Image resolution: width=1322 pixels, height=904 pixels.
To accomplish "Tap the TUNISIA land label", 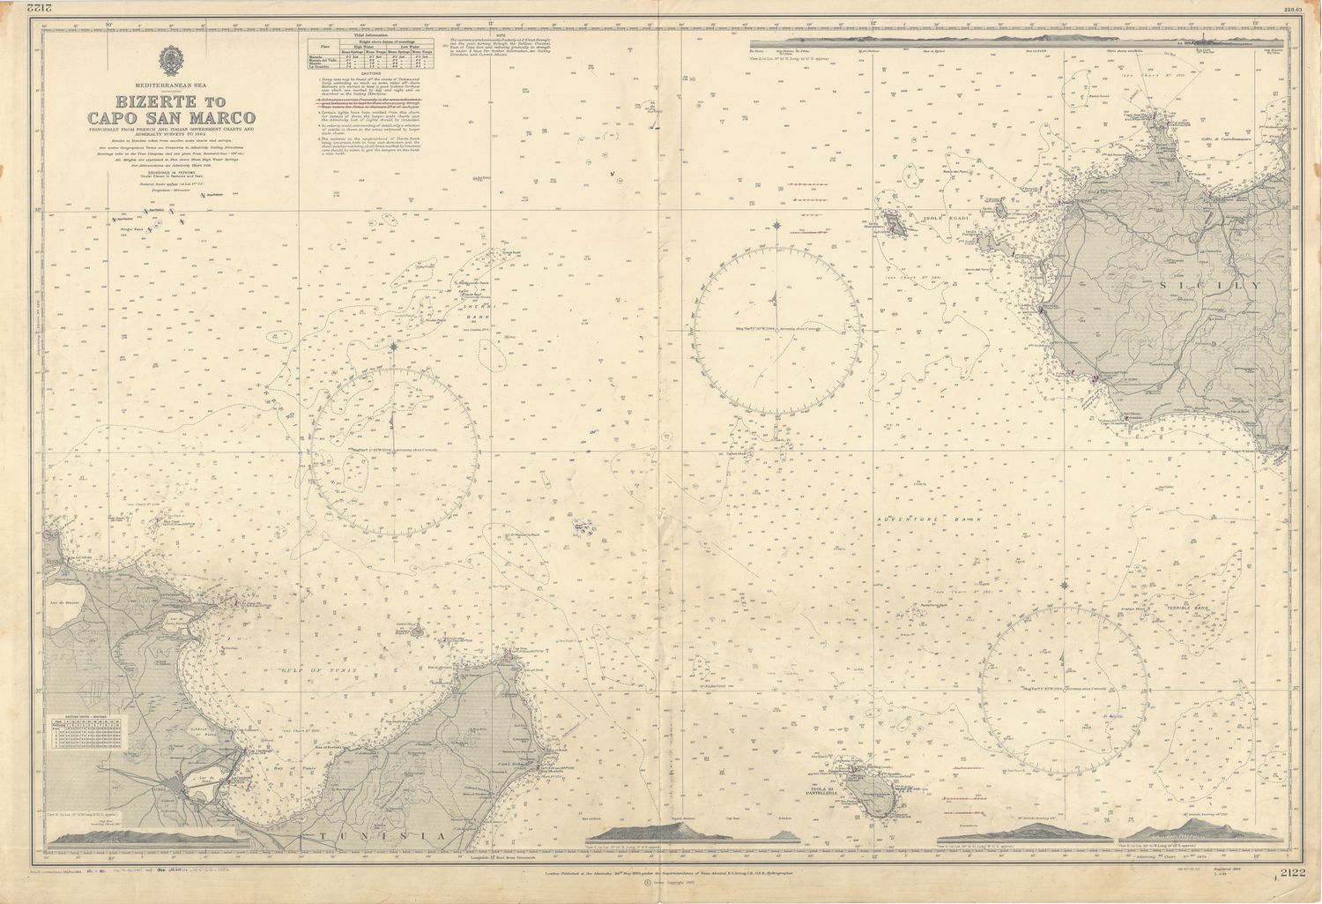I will pos(360,836).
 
